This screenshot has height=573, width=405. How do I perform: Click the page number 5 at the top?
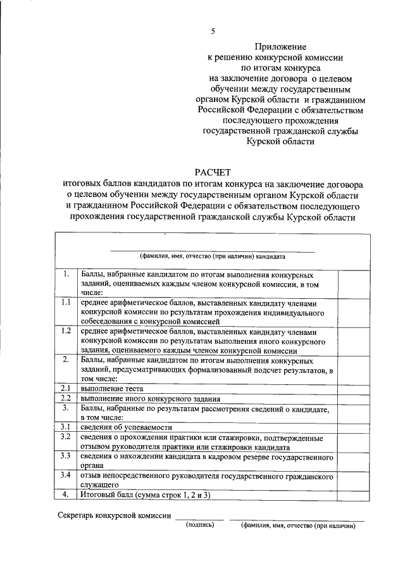(x=213, y=31)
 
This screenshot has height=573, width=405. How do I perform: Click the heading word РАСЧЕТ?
(x=213, y=172)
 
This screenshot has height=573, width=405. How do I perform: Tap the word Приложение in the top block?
(x=280, y=47)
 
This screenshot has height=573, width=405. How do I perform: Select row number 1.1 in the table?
(x=66, y=303)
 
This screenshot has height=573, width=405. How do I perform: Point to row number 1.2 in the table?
(x=66, y=331)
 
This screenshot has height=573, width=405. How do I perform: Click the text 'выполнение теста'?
(x=111, y=388)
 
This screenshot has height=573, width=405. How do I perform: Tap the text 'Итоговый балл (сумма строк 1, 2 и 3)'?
(x=147, y=494)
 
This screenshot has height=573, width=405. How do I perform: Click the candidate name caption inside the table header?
(x=213, y=256)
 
